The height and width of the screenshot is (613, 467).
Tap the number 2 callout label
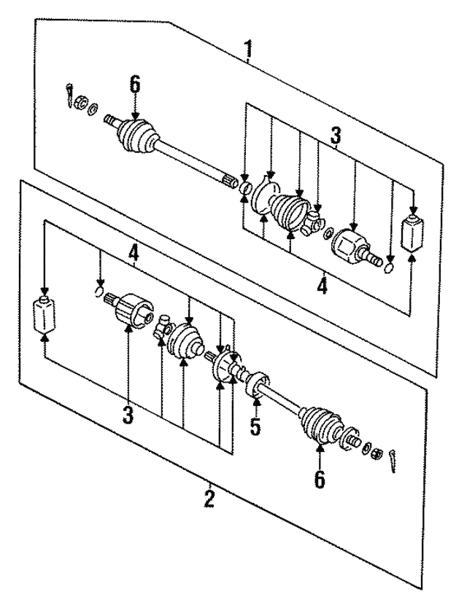click(209, 499)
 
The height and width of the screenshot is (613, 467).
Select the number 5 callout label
click(255, 426)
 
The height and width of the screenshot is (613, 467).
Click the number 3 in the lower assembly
click(128, 415)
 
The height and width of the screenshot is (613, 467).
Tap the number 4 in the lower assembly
click(134, 254)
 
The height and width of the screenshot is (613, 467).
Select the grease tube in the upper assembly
click(413, 232)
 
